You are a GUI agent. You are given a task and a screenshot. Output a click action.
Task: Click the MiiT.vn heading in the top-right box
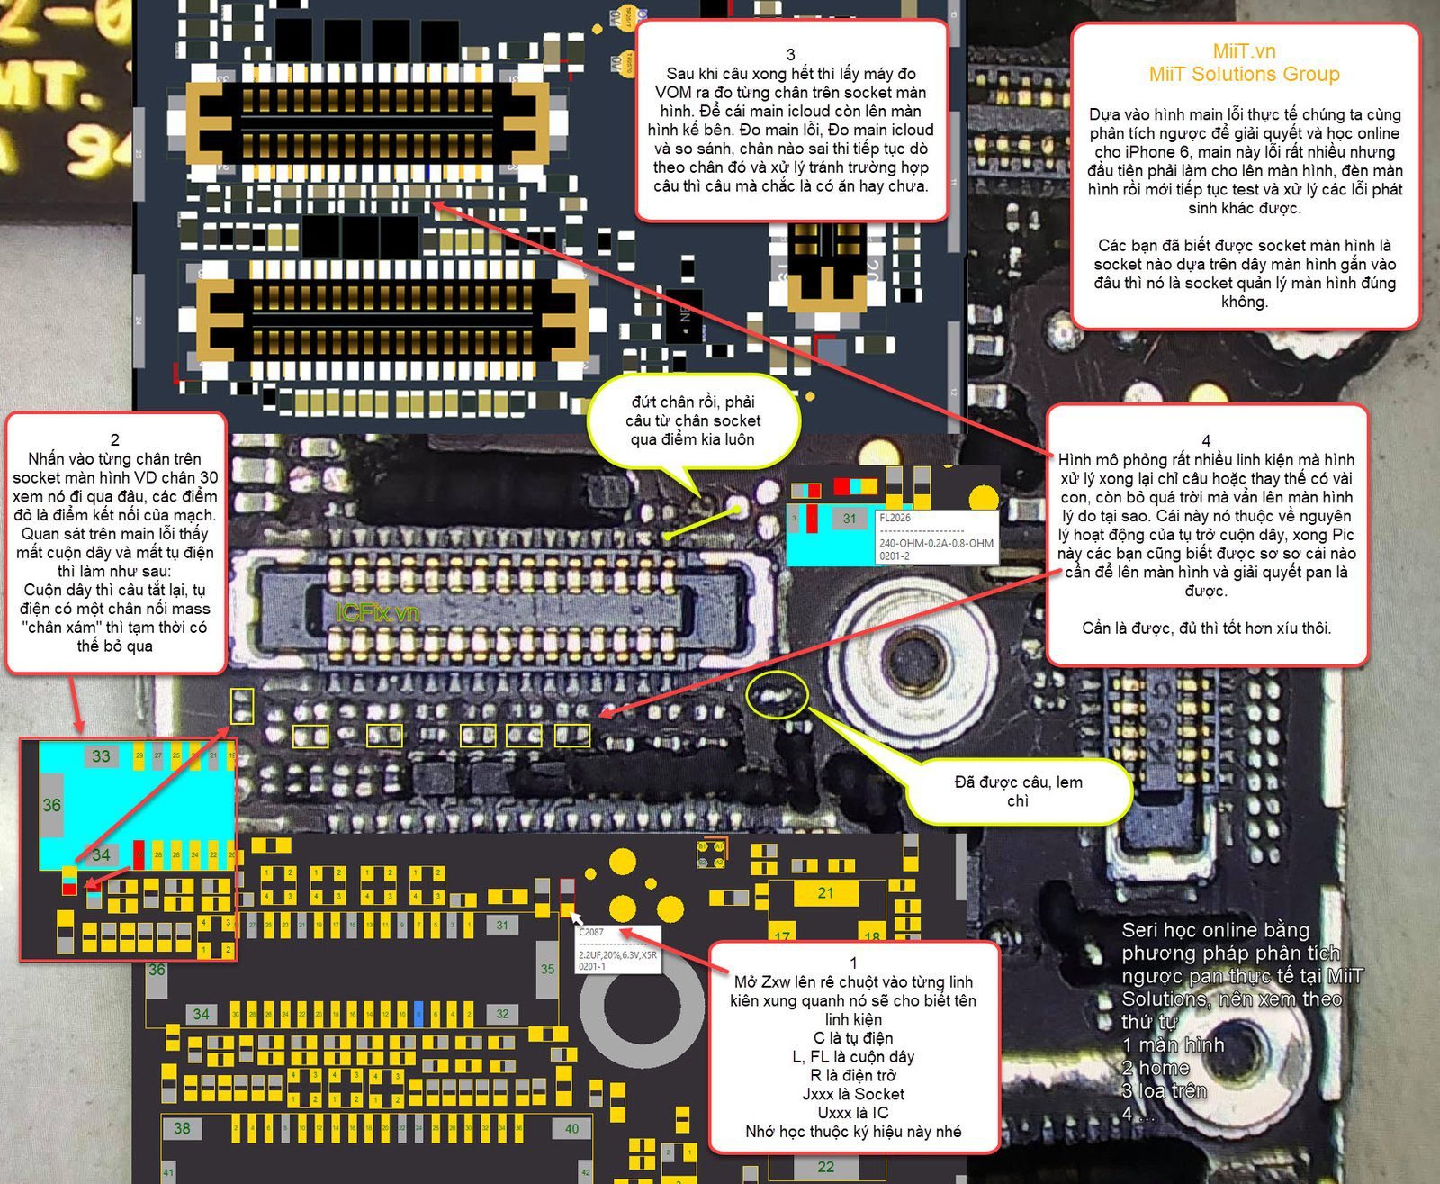tap(1244, 51)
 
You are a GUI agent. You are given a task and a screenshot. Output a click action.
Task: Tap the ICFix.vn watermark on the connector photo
tap(377, 613)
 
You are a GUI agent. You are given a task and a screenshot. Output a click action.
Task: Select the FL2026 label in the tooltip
tap(895, 518)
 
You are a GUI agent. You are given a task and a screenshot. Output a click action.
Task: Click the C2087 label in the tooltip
tap(591, 933)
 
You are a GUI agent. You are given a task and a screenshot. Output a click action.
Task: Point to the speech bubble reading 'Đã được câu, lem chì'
tap(1018, 791)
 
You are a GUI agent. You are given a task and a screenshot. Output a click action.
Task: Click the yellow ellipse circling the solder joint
tap(778, 694)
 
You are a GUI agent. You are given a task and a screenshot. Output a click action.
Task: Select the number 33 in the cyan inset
tap(101, 756)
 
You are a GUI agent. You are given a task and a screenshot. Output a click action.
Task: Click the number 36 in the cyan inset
tap(51, 805)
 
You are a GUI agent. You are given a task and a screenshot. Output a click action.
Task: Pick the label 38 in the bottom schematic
tap(182, 1128)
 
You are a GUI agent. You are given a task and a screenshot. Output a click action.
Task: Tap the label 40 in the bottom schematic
tap(572, 1128)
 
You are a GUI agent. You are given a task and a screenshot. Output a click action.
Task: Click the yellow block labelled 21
tap(825, 893)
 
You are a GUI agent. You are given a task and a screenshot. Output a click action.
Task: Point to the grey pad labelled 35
tap(547, 970)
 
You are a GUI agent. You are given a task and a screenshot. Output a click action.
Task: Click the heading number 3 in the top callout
tap(790, 55)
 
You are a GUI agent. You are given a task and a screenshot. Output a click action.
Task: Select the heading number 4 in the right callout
tap(1206, 441)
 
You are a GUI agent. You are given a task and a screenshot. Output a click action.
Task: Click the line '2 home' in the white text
tap(1156, 1068)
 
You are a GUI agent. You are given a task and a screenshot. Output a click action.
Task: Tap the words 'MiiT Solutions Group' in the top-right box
tap(1244, 75)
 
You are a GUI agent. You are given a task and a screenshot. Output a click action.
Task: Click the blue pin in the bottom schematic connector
tap(418, 1014)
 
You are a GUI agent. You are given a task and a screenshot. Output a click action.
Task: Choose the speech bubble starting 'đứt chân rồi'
tap(693, 420)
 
